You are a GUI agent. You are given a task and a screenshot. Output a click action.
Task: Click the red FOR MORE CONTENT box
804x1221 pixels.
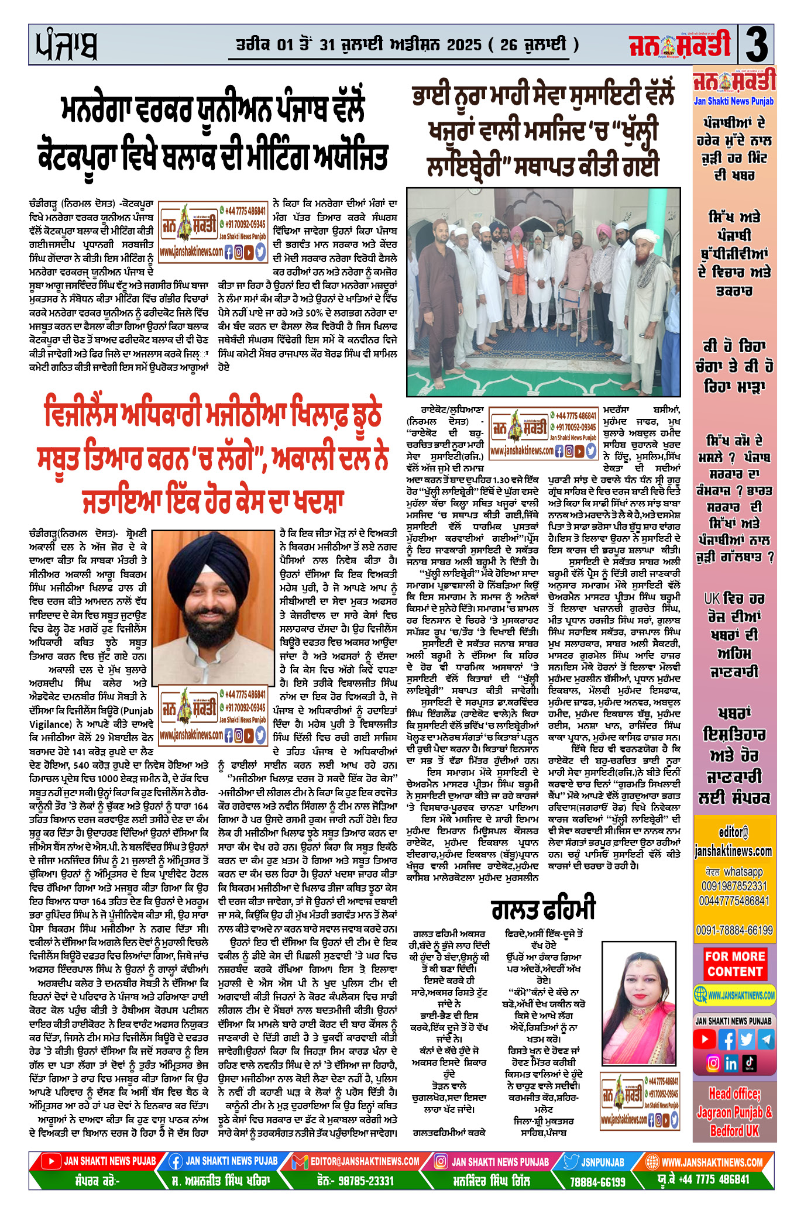point(734,964)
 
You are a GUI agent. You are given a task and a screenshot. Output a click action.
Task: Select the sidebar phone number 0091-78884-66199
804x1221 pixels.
point(734,930)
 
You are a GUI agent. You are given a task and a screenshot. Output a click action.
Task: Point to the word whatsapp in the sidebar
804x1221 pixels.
point(743,872)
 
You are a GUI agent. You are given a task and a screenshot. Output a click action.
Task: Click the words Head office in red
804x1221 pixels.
point(734,1093)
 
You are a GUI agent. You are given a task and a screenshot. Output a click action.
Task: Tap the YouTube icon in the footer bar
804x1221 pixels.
point(52,1161)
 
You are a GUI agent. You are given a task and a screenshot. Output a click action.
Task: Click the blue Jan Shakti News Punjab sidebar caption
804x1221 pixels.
point(734,101)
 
